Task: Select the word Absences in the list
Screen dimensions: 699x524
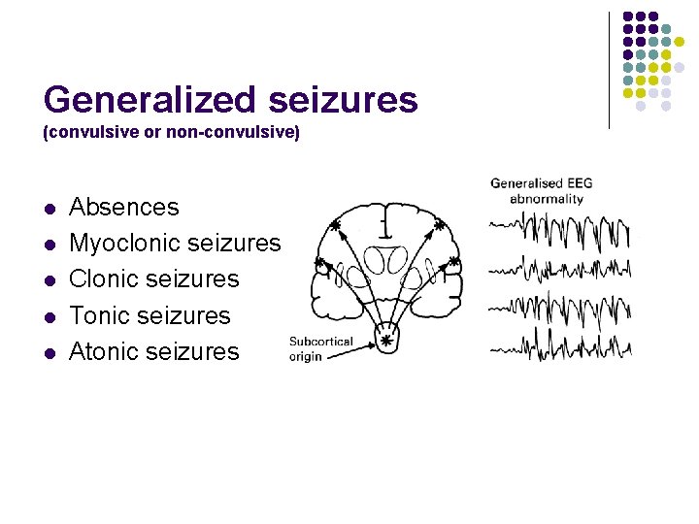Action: [124, 207]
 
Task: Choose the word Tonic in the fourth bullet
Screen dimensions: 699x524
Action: [101, 315]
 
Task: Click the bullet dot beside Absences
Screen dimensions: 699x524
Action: [50, 209]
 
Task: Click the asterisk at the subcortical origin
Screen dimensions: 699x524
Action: [386, 341]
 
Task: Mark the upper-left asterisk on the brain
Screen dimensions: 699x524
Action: [334, 225]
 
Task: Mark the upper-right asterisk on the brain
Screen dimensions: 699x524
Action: [439, 225]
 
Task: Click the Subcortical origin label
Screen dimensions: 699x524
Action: [320, 348]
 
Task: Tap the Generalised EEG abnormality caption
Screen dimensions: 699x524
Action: [541, 190]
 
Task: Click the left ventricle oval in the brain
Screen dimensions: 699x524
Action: [377, 258]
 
